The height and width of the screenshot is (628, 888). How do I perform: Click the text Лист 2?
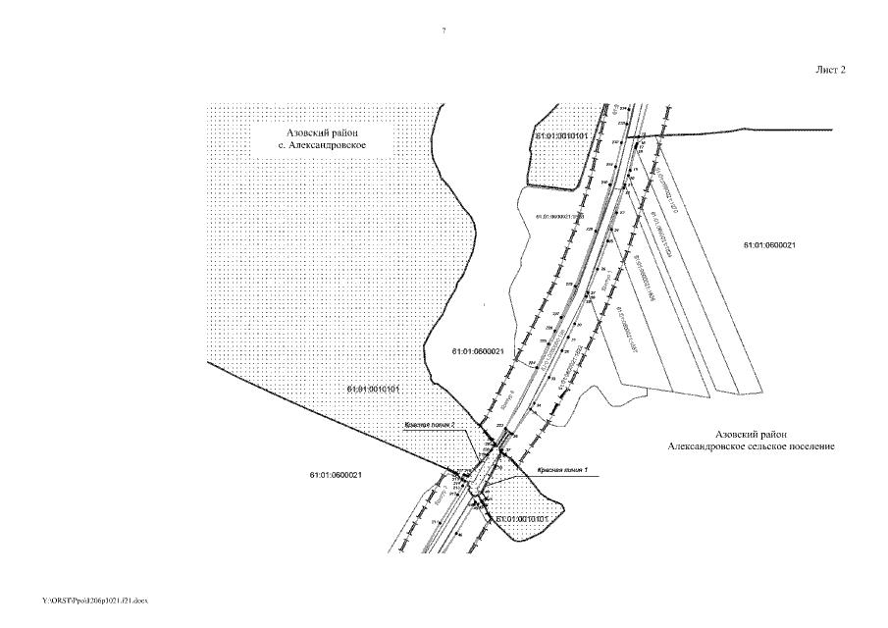[x=830, y=70]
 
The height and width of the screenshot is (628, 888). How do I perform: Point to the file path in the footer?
[x=94, y=598]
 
